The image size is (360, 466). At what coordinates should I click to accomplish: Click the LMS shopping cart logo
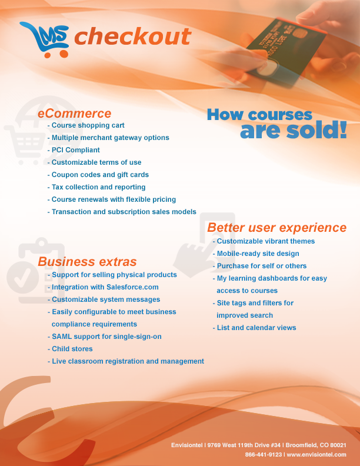click(x=45, y=39)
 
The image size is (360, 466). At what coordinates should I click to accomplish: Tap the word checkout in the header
click(x=132, y=36)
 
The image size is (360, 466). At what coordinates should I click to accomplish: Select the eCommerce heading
click(x=74, y=114)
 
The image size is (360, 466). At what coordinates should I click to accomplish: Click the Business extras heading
click(x=87, y=261)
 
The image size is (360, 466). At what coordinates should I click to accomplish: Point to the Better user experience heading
click(x=277, y=227)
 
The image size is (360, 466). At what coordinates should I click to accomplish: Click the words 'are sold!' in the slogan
click(x=293, y=130)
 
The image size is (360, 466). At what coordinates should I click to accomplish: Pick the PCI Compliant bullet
click(x=74, y=150)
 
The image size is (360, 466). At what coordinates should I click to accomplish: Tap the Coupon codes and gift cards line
click(x=98, y=174)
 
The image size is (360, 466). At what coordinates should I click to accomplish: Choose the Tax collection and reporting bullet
click(x=96, y=187)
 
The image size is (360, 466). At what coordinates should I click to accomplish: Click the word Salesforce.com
click(x=132, y=287)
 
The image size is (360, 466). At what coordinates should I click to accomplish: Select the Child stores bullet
click(x=70, y=348)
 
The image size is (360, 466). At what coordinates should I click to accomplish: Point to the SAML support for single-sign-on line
click(x=105, y=337)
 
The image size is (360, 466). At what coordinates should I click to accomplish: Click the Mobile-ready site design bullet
click(x=256, y=254)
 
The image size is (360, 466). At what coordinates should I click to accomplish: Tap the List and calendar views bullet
click(x=254, y=328)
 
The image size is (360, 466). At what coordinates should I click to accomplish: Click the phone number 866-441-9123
click(x=263, y=454)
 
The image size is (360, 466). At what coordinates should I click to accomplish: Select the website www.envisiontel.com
click(x=316, y=454)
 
